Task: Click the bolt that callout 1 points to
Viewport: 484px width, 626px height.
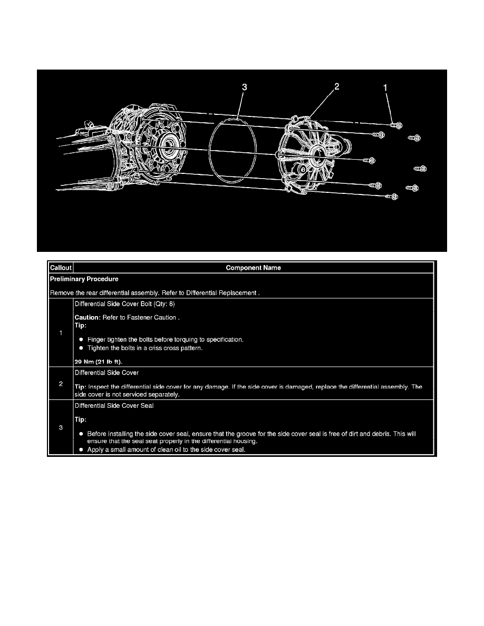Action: coord(396,125)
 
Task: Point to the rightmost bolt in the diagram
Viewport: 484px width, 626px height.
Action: coord(421,169)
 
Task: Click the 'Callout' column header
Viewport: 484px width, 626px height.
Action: coord(60,268)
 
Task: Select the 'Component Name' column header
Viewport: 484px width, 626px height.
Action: coord(253,268)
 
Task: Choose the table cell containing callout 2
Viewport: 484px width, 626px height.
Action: coord(61,384)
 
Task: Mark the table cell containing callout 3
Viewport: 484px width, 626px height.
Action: coord(61,427)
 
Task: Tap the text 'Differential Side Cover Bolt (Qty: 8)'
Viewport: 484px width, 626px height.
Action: coord(124,304)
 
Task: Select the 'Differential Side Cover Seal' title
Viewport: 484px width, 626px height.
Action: coord(111,406)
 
